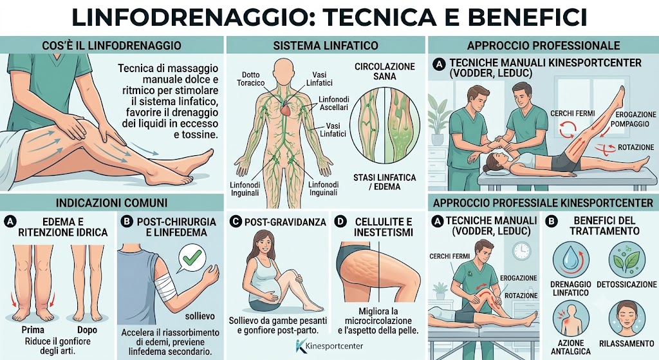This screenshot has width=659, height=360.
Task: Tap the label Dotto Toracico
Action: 250,79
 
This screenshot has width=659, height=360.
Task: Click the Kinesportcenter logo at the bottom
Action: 329,346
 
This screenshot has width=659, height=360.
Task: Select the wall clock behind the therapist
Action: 521,251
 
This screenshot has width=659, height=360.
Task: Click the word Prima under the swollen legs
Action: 33,330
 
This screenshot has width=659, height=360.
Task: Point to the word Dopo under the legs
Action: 87,330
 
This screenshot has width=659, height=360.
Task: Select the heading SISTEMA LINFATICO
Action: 326,46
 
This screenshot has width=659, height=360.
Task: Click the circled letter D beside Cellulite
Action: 340,222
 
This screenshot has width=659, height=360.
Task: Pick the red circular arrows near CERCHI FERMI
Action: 568,129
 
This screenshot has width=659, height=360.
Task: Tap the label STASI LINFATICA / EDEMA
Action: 385,182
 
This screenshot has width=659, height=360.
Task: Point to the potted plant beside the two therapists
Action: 438,120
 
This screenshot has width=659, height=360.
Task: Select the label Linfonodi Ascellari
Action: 334,104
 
